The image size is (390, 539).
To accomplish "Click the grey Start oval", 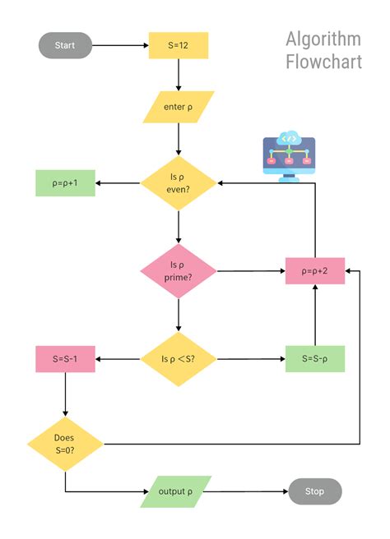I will (x=65, y=45).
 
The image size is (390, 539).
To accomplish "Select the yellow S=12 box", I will (x=179, y=45).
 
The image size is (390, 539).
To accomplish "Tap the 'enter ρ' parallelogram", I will (x=179, y=107).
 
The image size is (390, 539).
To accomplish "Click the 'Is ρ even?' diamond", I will (x=179, y=182).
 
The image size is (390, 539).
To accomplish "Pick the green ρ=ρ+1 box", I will (x=65, y=182).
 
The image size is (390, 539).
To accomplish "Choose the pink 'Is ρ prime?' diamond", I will (x=179, y=270).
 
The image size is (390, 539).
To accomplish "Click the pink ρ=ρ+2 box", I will (x=315, y=270).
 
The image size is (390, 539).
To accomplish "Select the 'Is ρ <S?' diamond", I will (x=179, y=359).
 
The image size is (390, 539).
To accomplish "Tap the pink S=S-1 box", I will (x=65, y=359).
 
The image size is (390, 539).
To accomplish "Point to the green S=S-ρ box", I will (x=315, y=359).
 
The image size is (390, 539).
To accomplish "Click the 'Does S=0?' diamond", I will (x=65, y=444).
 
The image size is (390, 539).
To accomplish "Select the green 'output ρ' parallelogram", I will (x=175, y=491).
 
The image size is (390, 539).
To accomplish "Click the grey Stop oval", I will (x=315, y=491).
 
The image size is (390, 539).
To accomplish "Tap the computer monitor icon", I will (x=290, y=155).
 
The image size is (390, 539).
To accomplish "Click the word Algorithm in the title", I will (x=323, y=39).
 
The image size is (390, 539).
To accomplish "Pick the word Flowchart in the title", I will (x=323, y=62).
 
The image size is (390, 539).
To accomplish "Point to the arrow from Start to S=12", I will (x=120, y=45).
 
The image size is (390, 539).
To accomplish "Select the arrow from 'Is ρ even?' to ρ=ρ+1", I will (x=118, y=182).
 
